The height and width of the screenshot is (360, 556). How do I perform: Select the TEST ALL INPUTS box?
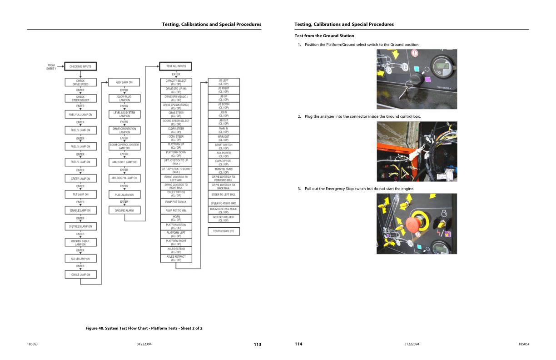coord(175,66)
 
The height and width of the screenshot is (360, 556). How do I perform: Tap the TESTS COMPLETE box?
coord(223,231)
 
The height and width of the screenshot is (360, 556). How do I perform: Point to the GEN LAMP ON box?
coord(124,83)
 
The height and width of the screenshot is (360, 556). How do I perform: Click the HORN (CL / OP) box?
coord(175,218)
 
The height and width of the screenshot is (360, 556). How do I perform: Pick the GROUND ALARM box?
coord(124,210)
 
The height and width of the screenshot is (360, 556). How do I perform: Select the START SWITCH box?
coord(223,146)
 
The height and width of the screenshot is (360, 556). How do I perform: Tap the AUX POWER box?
coord(223,154)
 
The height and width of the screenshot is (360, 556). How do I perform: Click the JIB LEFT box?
coord(223,82)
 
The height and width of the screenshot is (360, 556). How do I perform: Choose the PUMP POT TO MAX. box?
coord(175,201)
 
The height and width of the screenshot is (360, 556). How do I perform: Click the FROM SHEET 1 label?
coord(51,67)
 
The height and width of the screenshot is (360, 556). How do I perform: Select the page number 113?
coord(257,344)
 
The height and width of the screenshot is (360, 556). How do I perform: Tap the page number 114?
coord(298,344)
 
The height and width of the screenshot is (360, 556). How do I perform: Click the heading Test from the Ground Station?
coord(324,36)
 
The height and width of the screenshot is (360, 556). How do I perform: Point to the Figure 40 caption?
coord(144,328)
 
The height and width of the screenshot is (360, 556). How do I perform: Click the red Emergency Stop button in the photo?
coord(412,225)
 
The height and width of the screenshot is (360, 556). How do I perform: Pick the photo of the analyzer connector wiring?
coord(417,151)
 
